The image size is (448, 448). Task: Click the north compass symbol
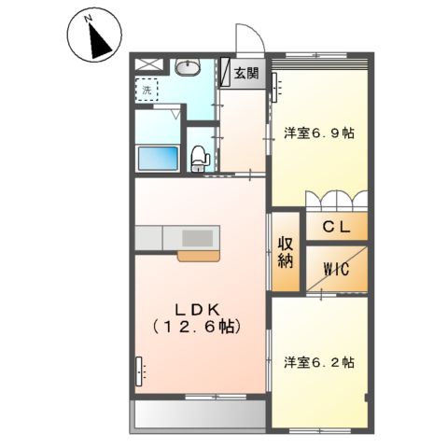(x=95, y=36)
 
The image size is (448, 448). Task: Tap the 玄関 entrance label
(x=246, y=74)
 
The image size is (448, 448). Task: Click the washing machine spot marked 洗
(x=147, y=90)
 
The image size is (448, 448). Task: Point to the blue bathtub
(x=159, y=158)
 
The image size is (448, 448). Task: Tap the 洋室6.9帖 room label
(x=319, y=133)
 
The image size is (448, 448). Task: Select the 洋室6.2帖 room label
(x=319, y=361)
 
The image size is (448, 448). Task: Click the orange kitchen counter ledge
(x=200, y=253)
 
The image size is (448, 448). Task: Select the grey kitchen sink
(x=197, y=236)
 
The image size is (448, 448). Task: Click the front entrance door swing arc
(x=246, y=42)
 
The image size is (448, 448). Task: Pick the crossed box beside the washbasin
(x=148, y=65)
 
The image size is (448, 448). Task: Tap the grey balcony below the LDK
(x=198, y=414)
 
